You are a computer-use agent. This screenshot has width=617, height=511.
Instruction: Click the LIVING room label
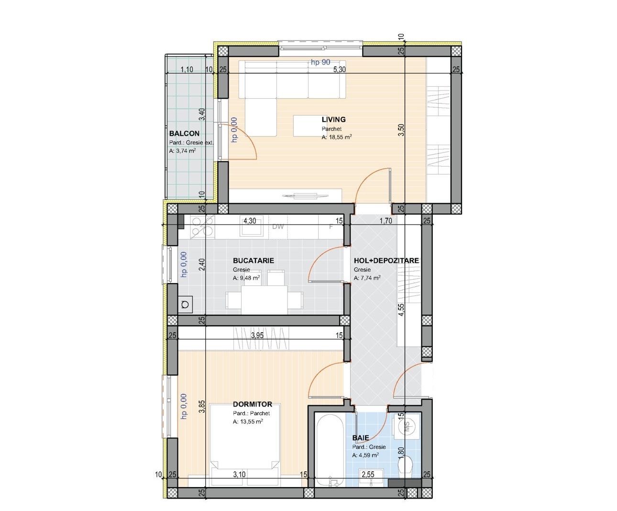[333, 120]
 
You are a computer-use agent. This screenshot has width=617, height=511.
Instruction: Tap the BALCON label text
[184, 134]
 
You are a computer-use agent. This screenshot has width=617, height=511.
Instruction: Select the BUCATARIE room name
[253, 261]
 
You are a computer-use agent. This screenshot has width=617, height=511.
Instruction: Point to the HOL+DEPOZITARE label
[386, 261]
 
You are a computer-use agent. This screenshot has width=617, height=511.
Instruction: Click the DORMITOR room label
[252, 405]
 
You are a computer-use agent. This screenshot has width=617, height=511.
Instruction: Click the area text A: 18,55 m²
[337, 137]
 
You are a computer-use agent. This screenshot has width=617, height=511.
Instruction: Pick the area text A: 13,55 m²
[248, 422]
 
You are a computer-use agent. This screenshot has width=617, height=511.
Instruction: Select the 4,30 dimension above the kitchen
[250, 221]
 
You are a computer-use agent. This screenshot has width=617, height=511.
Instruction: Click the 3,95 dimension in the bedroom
[257, 336]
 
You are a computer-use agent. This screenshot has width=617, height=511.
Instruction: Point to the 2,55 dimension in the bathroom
[368, 475]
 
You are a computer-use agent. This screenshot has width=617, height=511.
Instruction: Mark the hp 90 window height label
[320, 62]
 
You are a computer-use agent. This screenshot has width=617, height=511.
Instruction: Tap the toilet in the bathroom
[407, 466]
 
